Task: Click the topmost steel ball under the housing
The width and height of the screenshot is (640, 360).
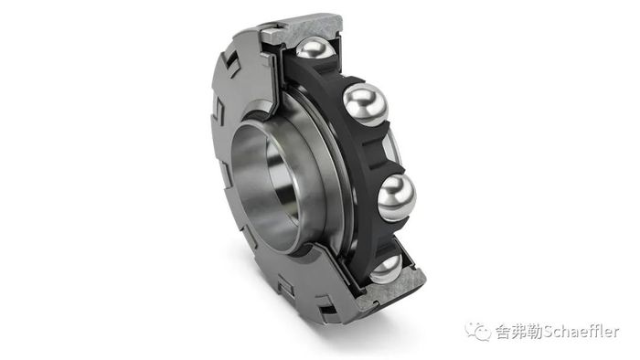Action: (x=315, y=48)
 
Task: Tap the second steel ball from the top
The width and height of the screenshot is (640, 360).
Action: (x=366, y=104)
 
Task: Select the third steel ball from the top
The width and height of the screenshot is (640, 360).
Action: (x=397, y=197)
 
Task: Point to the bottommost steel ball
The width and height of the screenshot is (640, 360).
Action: (x=387, y=269)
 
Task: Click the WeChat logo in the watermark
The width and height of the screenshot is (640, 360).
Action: (x=478, y=331)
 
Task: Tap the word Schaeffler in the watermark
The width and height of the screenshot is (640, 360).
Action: (x=581, y=332)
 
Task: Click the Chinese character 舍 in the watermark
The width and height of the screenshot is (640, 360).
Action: (x=503, y=332)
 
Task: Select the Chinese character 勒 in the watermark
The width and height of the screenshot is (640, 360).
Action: (x=534, y=332)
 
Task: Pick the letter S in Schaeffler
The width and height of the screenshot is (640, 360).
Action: (x=548, y=332)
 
